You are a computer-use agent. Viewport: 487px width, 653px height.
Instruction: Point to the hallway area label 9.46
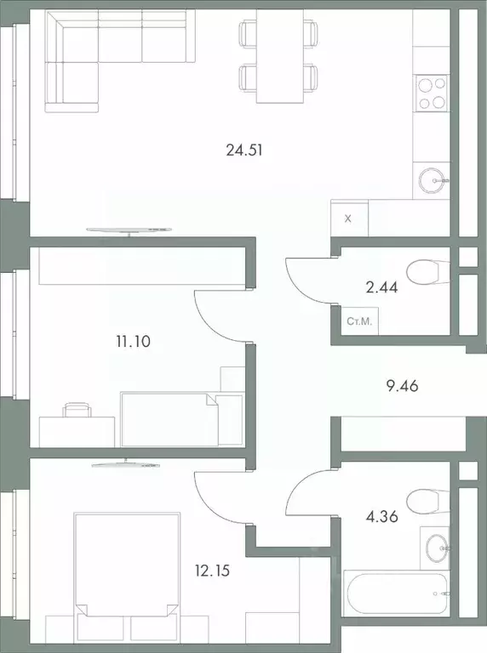click(403, 385)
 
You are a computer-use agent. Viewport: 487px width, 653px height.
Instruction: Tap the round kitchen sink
click(433, 179)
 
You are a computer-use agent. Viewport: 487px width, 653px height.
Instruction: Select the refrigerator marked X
click(349, 218)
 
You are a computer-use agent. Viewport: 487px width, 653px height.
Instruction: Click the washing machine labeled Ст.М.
click(358, 321)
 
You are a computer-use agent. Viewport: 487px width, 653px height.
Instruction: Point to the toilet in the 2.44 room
click(423, 273)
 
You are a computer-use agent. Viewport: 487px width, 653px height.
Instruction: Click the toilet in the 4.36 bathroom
click(423, 497)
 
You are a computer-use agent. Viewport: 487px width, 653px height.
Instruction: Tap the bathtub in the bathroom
click(394, 593)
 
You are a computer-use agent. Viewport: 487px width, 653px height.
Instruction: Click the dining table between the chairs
click(280, 55)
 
